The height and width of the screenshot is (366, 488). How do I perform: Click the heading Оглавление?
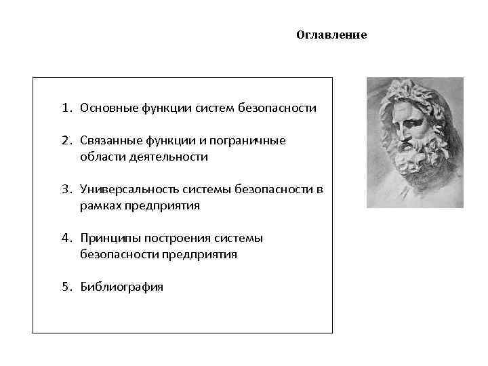point(331,35)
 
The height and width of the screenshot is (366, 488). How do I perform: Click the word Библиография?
point(121,287)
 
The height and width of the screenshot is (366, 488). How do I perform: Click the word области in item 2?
point(99,157)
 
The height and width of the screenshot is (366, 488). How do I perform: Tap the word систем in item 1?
point(213,107)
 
